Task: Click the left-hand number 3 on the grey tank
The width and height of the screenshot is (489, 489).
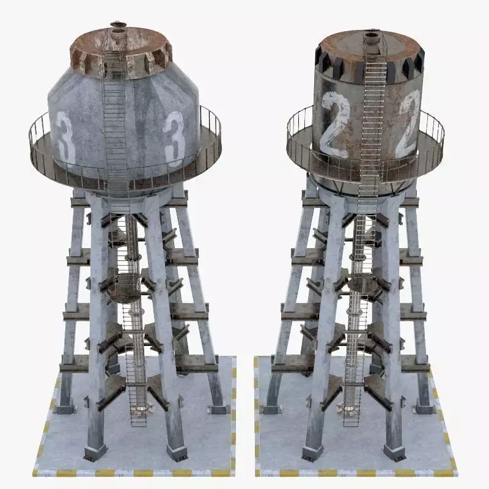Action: pos(65,138)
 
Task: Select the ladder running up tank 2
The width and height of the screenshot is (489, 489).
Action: pos(372,122)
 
